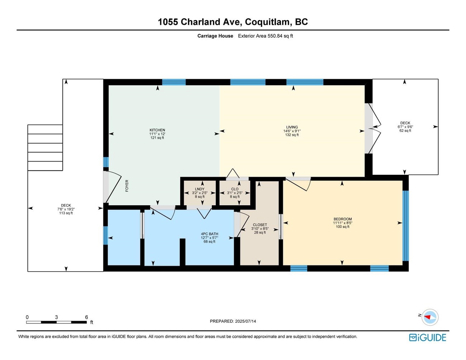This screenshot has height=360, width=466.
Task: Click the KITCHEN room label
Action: point(157,130)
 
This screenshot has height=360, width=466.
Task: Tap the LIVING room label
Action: point(292,127)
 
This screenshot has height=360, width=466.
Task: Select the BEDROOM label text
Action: point(343,219)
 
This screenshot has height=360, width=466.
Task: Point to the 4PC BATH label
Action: point(209,234)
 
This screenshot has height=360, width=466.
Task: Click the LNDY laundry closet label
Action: point(200,189)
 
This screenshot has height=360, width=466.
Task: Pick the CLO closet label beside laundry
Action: point(235,189)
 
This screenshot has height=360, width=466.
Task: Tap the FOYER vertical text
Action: point(127,186)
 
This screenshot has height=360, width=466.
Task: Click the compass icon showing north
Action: point(429,317)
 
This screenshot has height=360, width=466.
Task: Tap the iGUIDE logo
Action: point(428,337)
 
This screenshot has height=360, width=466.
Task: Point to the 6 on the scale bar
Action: point(86,317)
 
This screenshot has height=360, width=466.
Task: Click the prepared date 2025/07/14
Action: point(233,321)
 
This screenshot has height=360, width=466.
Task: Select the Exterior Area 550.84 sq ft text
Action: point(265,36)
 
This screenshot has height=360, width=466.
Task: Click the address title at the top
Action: point(233,22)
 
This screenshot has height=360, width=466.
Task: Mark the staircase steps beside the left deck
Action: point(45,148)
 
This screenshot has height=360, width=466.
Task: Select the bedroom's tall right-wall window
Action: point(405,226)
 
